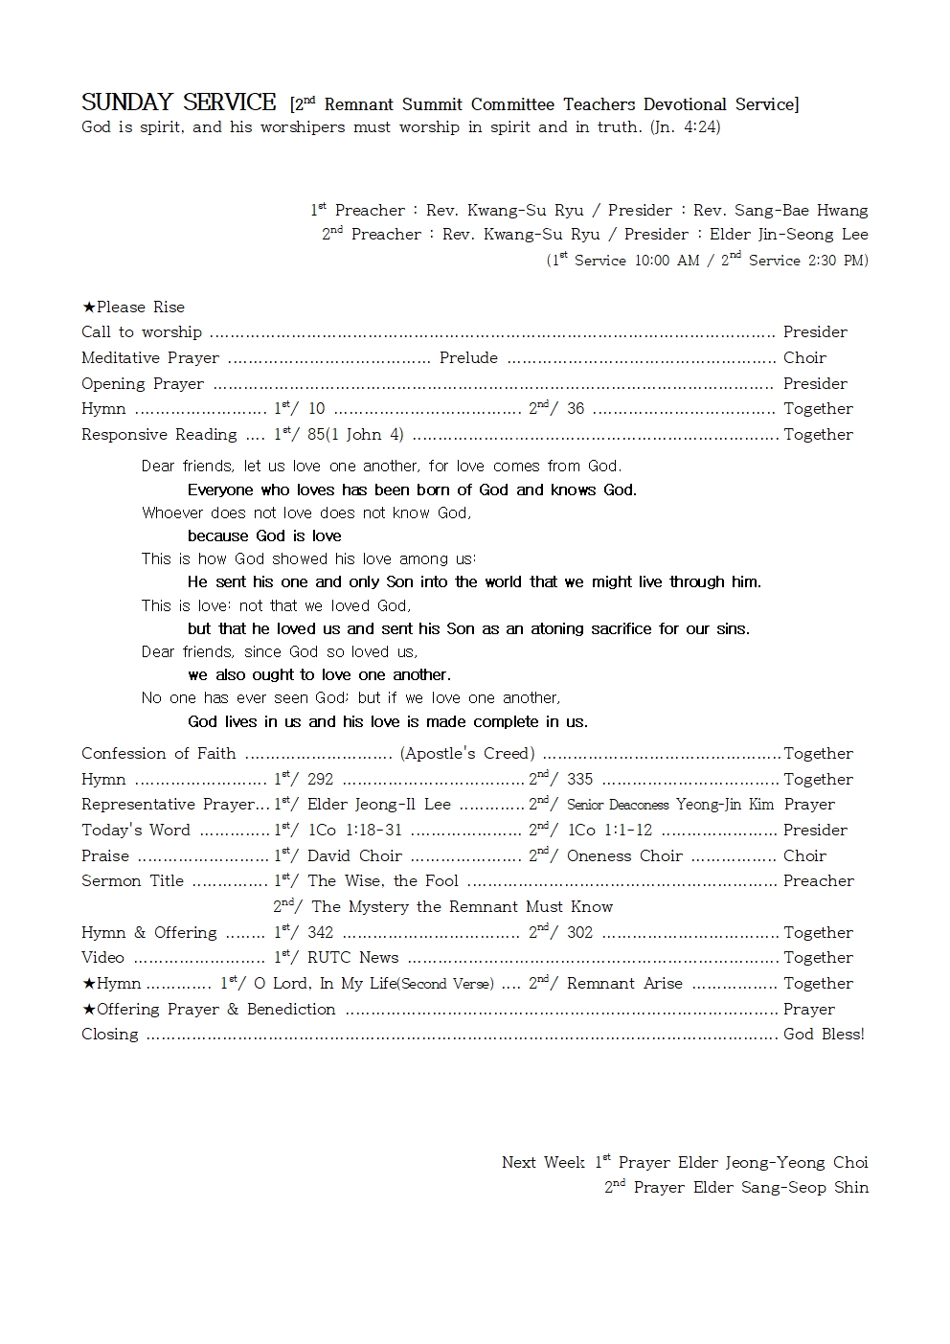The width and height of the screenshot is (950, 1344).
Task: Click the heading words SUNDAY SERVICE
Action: coord(178,103)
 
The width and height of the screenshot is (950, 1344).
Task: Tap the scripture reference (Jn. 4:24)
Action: coord(685,126)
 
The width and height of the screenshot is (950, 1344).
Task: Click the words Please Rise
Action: coord(140,307)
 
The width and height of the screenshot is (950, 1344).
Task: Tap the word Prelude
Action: coord(468,357)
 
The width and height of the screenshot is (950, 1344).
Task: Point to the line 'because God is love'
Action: coord(264,535)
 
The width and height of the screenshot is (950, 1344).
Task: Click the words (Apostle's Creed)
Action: coord(467,753)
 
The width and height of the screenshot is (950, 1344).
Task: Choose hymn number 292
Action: coord(320,779)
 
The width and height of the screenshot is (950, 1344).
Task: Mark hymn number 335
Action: coord(579,779)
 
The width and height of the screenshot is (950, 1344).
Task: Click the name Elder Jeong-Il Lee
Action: coord(378,805)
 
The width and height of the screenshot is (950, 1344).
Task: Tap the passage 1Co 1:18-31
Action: coord(354,830)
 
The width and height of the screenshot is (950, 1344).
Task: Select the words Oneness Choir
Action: coord(624,855)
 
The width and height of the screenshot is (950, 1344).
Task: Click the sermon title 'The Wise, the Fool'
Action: coord(383,880)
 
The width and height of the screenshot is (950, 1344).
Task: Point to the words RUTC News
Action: coord(352,957)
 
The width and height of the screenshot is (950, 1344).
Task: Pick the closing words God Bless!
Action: coord(824,1034)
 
